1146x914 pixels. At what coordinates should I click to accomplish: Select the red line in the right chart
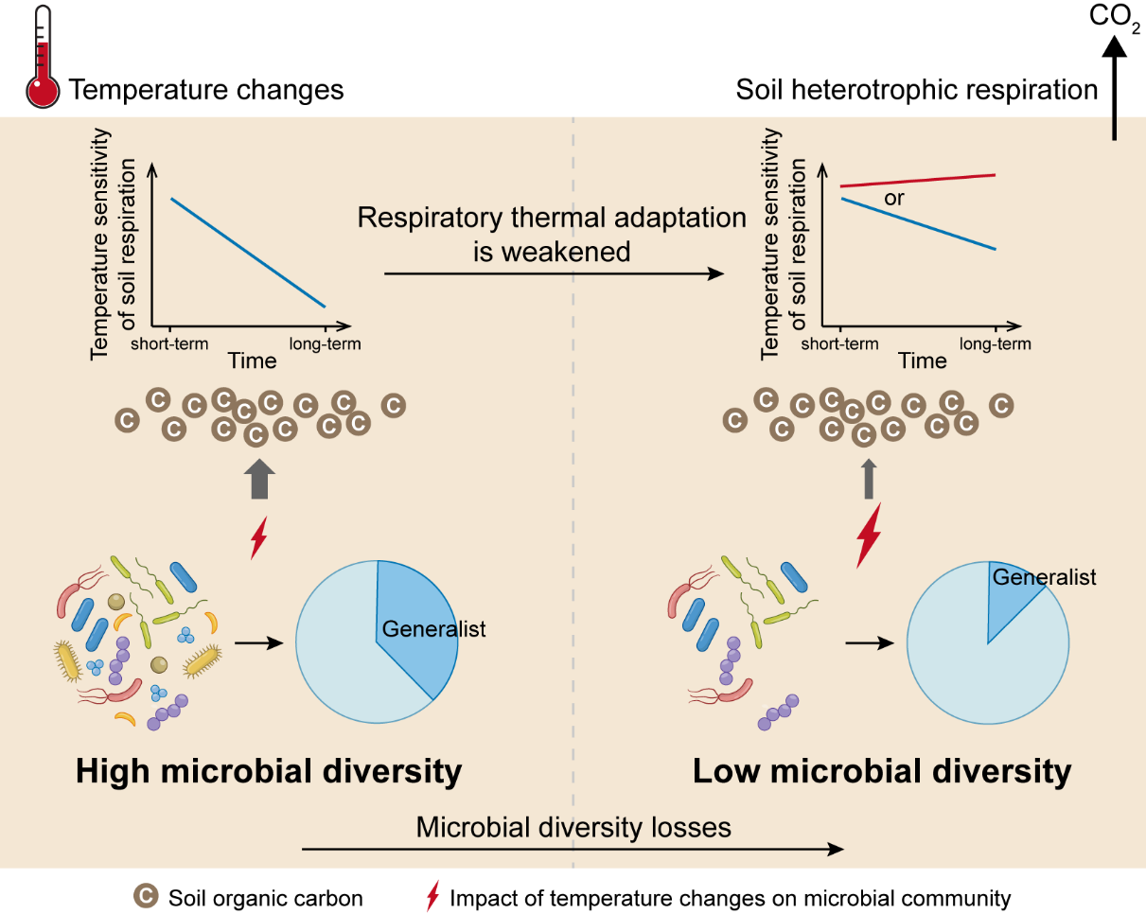tap(918, 181)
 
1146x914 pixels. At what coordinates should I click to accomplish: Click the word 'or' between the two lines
tap(894, 199)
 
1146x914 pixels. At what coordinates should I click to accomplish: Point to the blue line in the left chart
tap(248, 253)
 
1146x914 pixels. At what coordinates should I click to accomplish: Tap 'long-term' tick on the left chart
tap(326, 343)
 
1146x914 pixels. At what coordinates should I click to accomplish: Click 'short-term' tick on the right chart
tap(839, 343)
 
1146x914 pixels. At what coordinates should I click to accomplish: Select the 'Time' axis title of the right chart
tap(923, 360)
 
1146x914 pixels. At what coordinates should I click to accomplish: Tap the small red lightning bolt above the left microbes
tap(258, 538)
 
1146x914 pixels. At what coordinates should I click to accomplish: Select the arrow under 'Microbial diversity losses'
tap(573, 849)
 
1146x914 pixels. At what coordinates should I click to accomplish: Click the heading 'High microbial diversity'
tap(269, 771)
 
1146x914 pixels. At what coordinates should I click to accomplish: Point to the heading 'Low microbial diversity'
tap(882, 771)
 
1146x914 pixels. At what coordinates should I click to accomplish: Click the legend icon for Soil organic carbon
tap(145, 896)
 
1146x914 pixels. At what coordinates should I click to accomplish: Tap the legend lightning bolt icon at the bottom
tap(433, 896)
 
